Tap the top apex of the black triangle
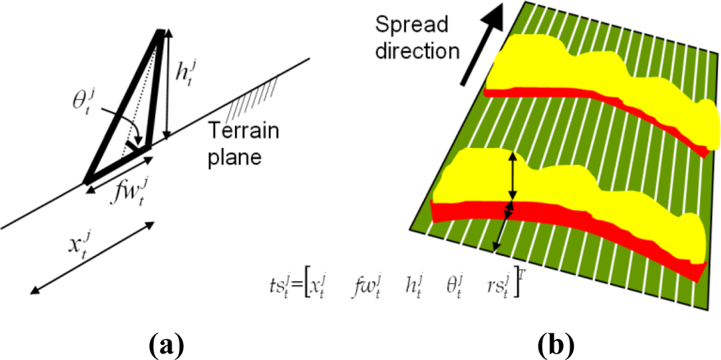[159, 32]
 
